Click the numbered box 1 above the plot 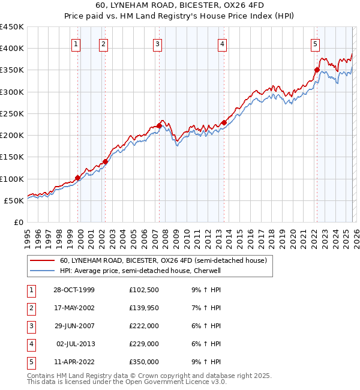coord(77,43)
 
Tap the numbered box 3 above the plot coord(157,43)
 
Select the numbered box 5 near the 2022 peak coord(315,43)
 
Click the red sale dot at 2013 coord(223,122)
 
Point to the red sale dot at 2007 coord(159,125)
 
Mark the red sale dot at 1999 coord(78,178)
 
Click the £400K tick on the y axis coord(12,49)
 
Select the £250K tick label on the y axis coord(12,113)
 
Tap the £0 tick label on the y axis coord(18,222)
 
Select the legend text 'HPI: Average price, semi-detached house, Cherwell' coord(140,271)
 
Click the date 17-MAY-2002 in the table coord(73,307)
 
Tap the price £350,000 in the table coord(144,362)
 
